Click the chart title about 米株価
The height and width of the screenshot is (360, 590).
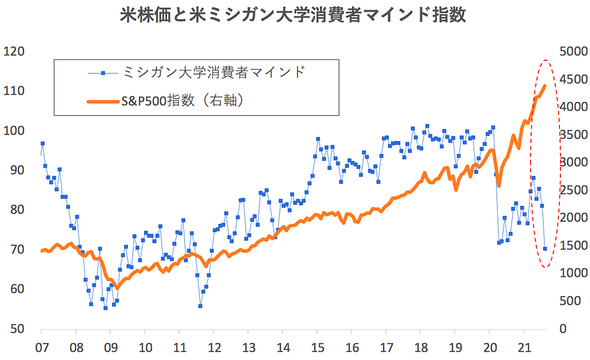tap(295, 17)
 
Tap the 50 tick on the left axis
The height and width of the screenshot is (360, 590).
tap(17, 329)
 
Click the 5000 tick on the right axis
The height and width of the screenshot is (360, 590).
tap(573, 51)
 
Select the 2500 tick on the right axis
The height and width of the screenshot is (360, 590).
tap(573, 190)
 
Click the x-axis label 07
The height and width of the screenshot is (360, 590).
tap(41, 346)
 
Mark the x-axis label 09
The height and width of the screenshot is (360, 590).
tap(110, 346)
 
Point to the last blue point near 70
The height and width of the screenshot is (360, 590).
tap(545, 249)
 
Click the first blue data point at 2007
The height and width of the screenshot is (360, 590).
tap(42, 144)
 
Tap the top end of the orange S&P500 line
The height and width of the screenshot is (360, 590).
tap(545, 86)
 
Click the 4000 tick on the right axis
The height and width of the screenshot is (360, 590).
tap(573, 107)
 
